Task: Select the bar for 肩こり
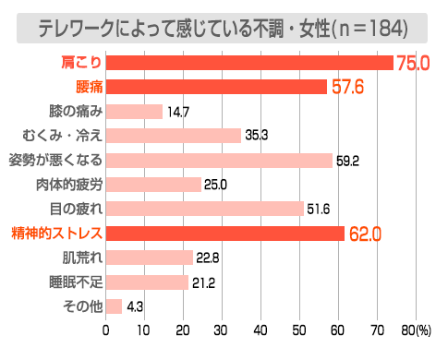click(249, 63)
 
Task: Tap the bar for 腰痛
click(216, 87)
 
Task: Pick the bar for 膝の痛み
click(134, 111)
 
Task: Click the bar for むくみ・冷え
click(174, 136)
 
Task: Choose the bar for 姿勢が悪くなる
click(219, 160)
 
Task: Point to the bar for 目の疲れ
click(205, 209)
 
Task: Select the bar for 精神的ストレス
click(225, 233)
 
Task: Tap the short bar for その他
click(115, 306)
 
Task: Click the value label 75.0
click(414, 64)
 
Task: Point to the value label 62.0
click(365, 234)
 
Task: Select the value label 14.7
click(178, 112)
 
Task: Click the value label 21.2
click(204, 282)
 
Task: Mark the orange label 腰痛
click(89, 87)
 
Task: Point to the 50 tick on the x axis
click(298, 330)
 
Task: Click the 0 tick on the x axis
click(106, 330)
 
